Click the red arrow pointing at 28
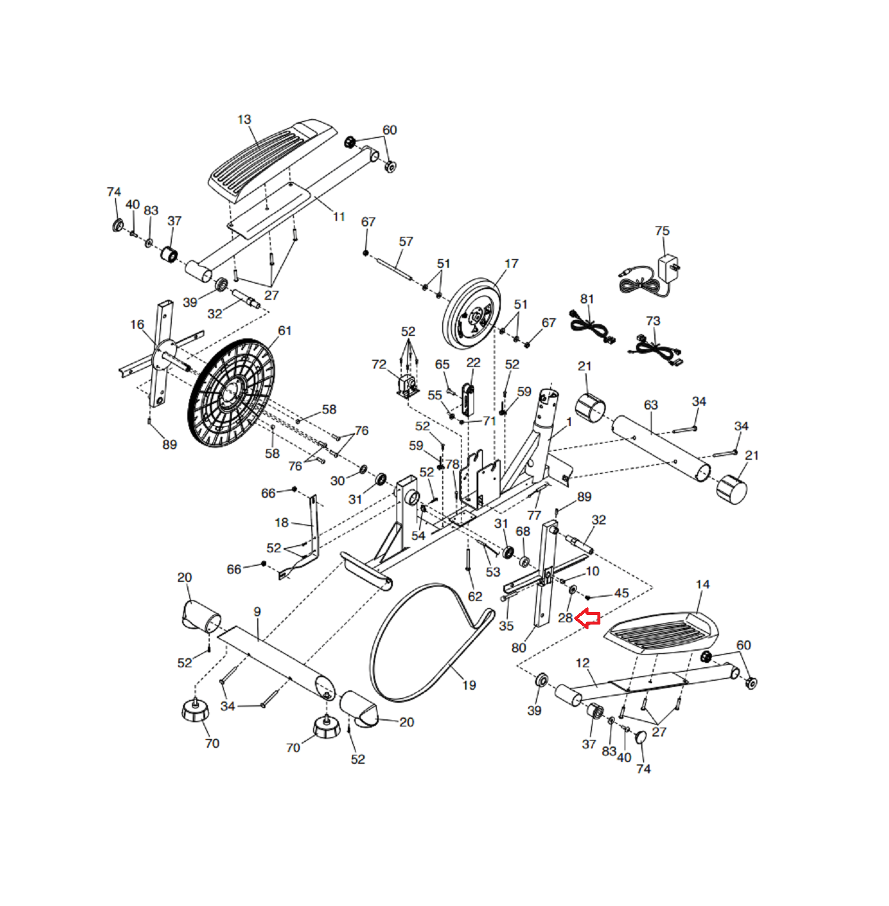pos(587,619)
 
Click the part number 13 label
pos(244,120)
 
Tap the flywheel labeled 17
pos(472,315)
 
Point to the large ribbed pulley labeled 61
pos(232,393)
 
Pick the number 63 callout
pos(651,405)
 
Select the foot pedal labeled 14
pos(661,633)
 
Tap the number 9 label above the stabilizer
pos(257,612)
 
